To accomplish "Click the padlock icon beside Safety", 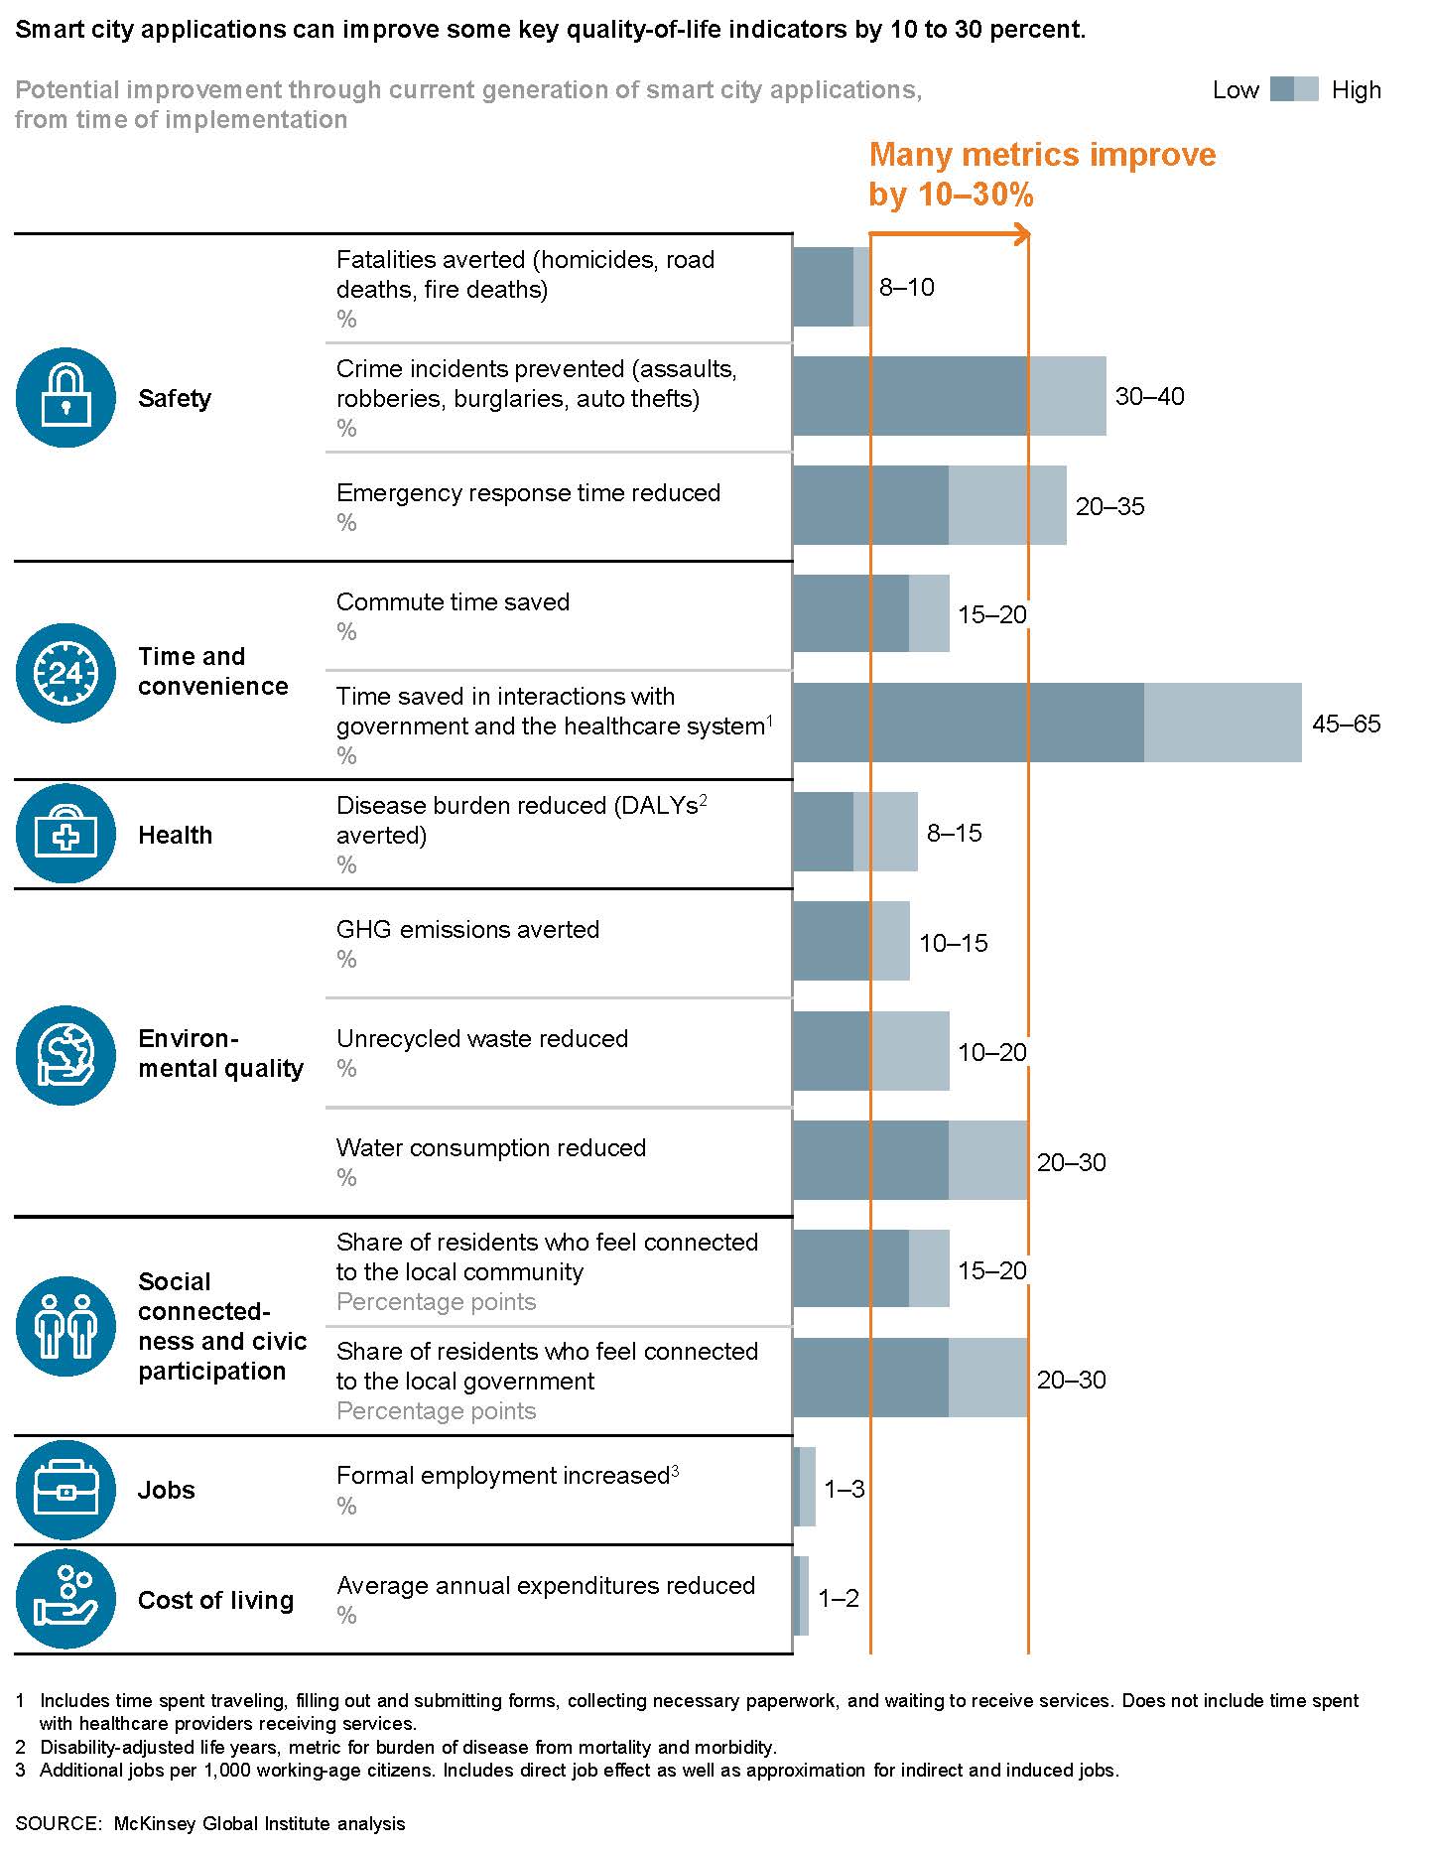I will (65, 397).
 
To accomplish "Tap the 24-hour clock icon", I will (65, 673).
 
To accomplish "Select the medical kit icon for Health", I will (65, 834).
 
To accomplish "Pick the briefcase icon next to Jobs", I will (65, 1489).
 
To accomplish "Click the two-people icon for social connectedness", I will (65, 1326).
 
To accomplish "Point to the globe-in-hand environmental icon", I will (65, 1055).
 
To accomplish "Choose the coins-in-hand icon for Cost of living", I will (65, 1599).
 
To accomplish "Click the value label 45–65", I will (1346, 724).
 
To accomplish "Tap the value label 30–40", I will (1149, 396).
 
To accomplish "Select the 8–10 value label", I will (906, 287).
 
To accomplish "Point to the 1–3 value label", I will (844, 1488).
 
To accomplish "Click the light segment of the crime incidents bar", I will (1067, 396).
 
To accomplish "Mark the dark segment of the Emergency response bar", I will (870, 505).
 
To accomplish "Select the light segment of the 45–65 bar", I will (1223, 723).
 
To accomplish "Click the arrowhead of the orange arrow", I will (1022, 234).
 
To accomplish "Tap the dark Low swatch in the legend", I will (1282, 89).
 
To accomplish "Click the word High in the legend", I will (1356, 90).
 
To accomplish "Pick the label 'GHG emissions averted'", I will (467, 929).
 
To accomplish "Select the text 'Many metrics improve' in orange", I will (1042, 155).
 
